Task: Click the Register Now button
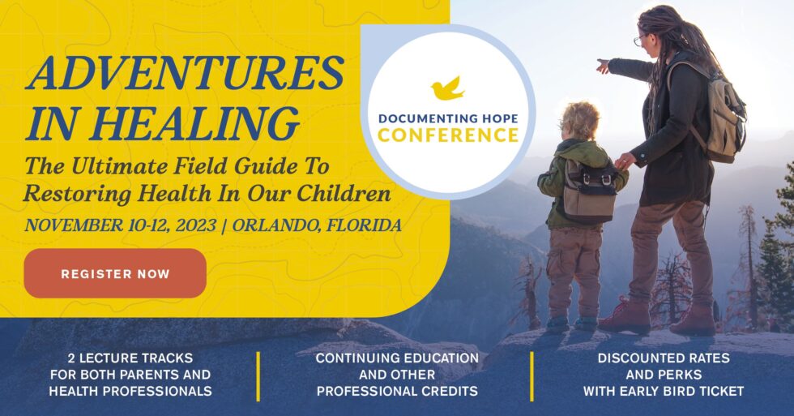pyautogui.click(x=115, y=274)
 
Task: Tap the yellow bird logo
pyautogui.click(x=447, y=88)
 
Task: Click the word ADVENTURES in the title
pyautogui.click(x=185, y=75)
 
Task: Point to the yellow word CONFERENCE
pyautogui.click(x=448, y=135)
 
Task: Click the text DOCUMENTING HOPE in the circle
pyautogui.click(x=448, y=118)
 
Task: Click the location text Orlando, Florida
pyautogui.click(x=316, y=225)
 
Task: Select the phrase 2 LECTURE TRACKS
pyautogui.click(x=130, y=358)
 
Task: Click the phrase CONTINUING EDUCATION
pyautogui.click(x=397, y=358)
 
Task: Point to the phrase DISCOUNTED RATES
pyautogui.click(x=663, y=358)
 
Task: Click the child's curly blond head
pyautogui.click(x=580, y=121)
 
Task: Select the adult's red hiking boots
pyautogui.click(x=658, y=318)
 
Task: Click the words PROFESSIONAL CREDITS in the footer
pyautogui.click(x=397, y=391)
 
